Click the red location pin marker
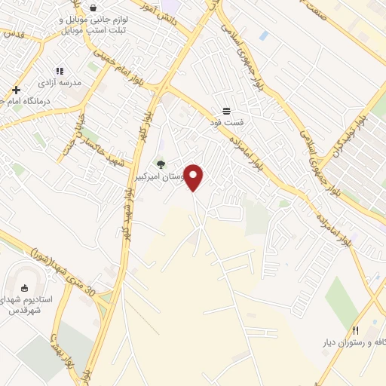(x=195, y=176)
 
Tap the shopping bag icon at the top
(x=92, y=8)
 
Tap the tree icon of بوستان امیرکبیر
(x=160, y=164)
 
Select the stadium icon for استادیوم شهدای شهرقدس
(x=24, y=288)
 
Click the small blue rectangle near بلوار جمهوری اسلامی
(x=263, y=35)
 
